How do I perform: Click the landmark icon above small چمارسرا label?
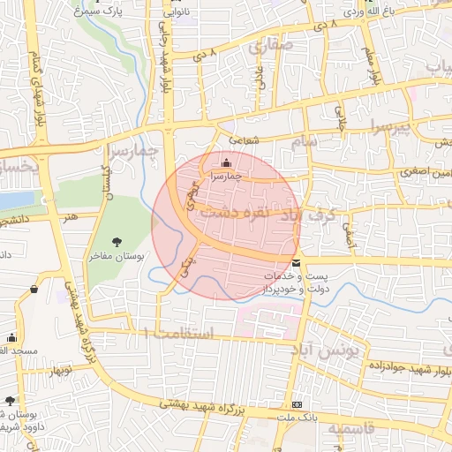click(227, 162)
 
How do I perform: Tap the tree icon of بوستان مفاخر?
click(117, 241)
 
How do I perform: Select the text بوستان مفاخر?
click(117, 256)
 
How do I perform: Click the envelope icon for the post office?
click(295, 263)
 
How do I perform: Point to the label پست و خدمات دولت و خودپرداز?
click(295, 282)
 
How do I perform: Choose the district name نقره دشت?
click(257, 213)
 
